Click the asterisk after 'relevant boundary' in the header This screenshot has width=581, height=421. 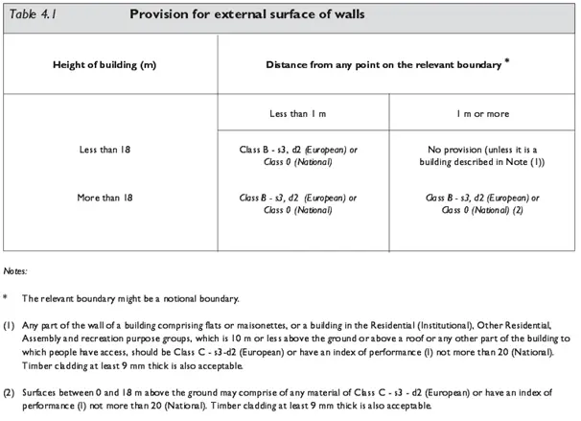(x=506, y=60)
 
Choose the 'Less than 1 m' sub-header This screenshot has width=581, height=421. (x=298, y=114)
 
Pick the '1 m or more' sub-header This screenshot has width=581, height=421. (x=482, y=114)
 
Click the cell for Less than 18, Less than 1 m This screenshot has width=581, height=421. (x=298, y=156)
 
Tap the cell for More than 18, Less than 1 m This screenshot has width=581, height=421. (x=298, y=203)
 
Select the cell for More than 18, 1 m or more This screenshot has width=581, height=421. (x=482, y=203)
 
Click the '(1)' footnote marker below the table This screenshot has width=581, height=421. (x=10, y=325)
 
